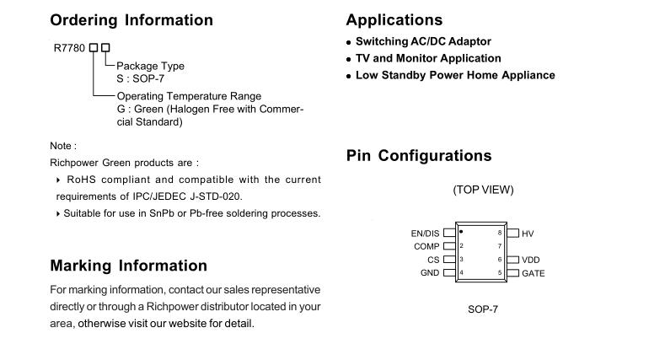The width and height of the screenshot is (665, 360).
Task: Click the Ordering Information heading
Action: [x=131, y=21]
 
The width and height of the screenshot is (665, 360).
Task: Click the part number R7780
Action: [x=69, y=48]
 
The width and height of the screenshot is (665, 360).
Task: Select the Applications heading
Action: [x=394, y=20]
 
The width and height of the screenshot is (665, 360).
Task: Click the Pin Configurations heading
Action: [x=419, y=156]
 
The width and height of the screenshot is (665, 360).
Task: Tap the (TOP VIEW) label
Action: [x=483, y=190]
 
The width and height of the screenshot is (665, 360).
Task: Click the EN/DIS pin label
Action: [x=425, y=234]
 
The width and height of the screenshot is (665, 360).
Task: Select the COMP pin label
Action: [x=426, y=246]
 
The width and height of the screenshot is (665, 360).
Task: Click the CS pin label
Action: [x=433, y=260]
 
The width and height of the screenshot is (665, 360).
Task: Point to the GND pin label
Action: [x=430, y=272]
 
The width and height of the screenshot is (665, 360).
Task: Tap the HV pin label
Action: [x=528, y=234]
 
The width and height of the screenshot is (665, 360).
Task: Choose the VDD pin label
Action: [x=530, y=260]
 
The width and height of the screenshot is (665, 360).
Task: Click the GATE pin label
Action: [x=534, y=273]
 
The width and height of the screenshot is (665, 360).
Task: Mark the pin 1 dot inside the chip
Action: [x=461, y=232]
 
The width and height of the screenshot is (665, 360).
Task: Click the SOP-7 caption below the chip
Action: [x=483, y=309]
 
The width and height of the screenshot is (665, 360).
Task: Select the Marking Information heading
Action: [x=128, y=266]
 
